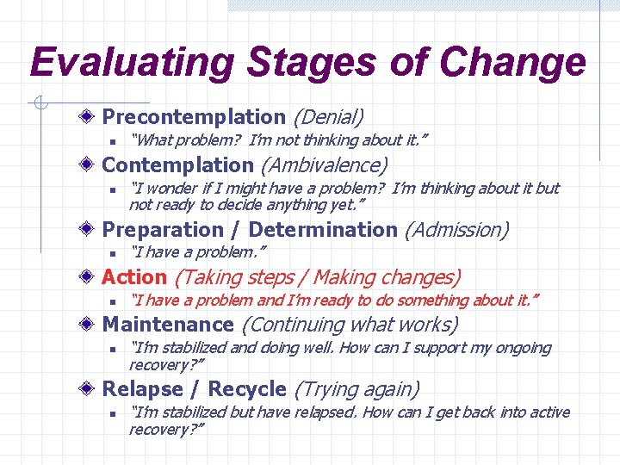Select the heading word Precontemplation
pos(194,116)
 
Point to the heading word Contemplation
pos(177,164)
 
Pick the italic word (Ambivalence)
pos(324,164)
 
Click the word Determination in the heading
pos(323,230)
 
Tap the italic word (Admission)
pos(456,230)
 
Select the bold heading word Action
pos(134,277)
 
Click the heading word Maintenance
pos(168,325)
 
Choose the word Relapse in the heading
pos(143,389)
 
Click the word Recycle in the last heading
pos(246,389)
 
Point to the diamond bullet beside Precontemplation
pos(90,116)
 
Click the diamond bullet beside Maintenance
pos(90,325)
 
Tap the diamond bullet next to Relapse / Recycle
pos(90,389)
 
